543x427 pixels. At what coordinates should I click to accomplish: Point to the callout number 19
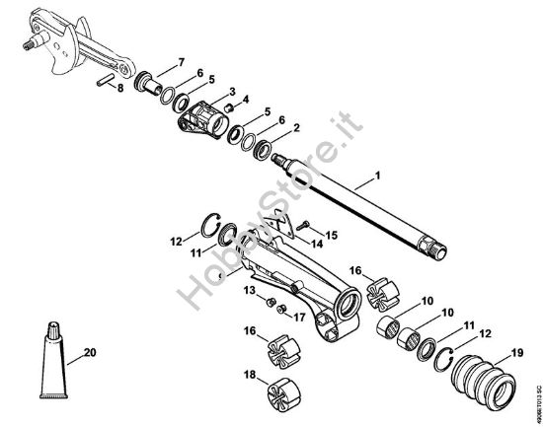516,352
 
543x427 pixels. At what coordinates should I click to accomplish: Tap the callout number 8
119,89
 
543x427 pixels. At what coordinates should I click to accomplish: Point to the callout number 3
231,92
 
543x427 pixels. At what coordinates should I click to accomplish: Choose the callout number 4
247,99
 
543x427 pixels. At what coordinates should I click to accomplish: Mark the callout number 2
296,128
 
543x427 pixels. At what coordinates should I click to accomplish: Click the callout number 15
332,235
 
